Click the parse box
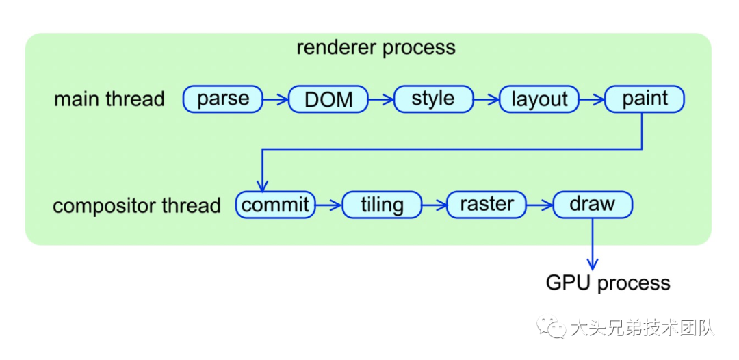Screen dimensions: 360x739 click(x=223, y=99)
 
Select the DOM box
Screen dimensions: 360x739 click(x=328, y=99)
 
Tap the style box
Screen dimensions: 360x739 click(x=433, y=99)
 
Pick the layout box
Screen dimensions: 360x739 click(x=539, y=99)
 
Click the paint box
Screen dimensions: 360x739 click(x=645, y=99)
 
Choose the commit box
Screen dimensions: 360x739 click(x=276, y=205)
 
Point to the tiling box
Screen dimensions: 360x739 click(x=382, y=205)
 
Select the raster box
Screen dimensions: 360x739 click(x=487, y=205)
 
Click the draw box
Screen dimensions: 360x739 click(x=593, y=205)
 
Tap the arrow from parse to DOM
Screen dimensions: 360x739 click(x=276, y=100)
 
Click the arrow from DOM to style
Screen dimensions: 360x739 click(x=381, y=100)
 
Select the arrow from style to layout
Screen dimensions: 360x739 click(x=487, y=100)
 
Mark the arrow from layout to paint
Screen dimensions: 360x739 click(x=592, y=100)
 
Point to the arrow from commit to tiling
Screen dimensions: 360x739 click(x=328, y=205)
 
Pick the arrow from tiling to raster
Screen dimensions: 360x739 click(x=434, y=205)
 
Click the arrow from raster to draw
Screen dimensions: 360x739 click(x=539, y=205)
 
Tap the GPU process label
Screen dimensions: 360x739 click(x=608, y=283)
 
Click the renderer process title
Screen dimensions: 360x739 click(x=376, y=48)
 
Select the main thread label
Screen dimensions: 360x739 click(x=109, y=99)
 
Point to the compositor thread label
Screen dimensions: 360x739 click(x=137, y=205)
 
